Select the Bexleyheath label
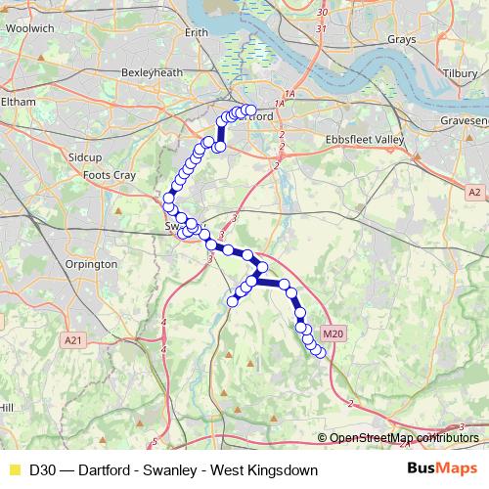(x=147, y=72)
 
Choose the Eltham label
(x=19, y=101)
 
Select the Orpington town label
(x=91, y=264)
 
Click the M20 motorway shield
(x=333, y=333)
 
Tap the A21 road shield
(x=72, y=339)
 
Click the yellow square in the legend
(x=13, y=470)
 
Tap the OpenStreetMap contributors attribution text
(x=404, y=437)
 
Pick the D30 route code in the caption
(x=42, y=470)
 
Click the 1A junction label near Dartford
(x=280, y=104)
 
